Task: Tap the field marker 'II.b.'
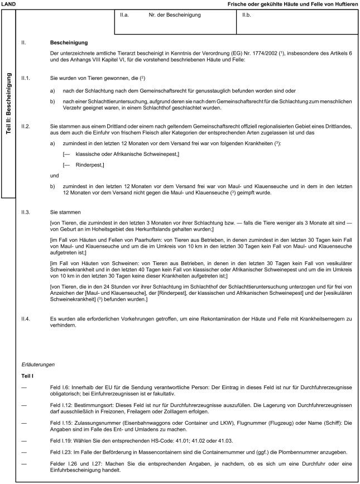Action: (246, 23)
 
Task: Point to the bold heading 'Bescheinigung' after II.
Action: (68, 42)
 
